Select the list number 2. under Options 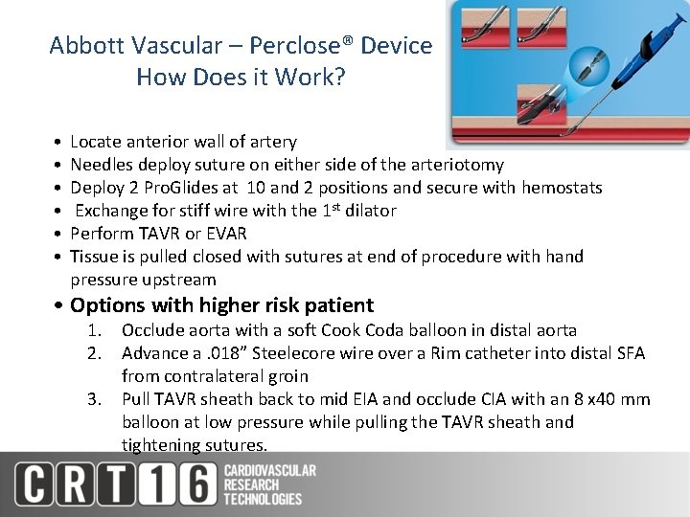point(94,353)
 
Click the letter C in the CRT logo point(34,483)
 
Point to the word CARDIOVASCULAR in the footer point(269,470)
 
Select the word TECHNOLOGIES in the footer point(263,499)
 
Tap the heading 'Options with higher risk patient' point(221,305)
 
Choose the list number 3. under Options point(94,399)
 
